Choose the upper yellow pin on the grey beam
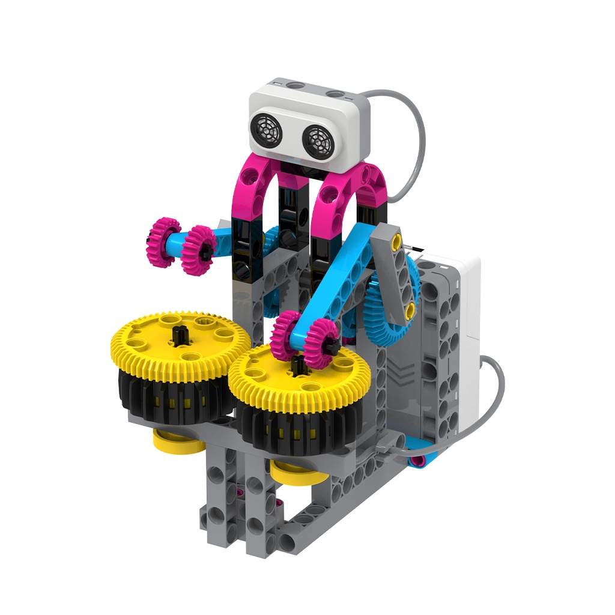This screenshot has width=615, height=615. pos(396,241)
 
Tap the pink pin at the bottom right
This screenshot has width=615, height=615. pos(416,461)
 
